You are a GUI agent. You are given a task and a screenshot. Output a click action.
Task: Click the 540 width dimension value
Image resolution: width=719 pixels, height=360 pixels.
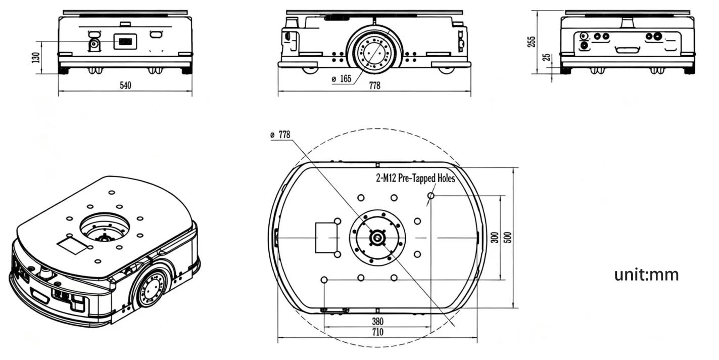point(125,85)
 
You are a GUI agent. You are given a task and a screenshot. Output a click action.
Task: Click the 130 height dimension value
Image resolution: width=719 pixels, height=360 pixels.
point(36,58)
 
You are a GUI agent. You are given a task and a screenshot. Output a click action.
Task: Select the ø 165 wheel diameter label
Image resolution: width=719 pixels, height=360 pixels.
point(342,79)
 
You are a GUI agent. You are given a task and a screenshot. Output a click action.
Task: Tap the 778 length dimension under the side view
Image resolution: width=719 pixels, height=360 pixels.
point(374,85)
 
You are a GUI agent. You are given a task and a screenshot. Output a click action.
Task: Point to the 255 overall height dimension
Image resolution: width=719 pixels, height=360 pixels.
point(532,42)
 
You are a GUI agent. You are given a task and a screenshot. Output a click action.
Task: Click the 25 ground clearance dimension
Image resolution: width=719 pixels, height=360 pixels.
point(546,57)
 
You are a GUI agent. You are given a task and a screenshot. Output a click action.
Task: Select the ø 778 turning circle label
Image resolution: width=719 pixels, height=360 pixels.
point(280,134)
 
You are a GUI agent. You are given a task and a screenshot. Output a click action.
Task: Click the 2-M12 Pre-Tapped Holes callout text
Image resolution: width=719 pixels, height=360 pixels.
point(415,178)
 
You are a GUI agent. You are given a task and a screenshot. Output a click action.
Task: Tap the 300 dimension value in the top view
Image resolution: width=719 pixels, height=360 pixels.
point(495,237)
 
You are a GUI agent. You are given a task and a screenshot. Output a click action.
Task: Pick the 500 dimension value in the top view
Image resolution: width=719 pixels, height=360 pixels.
point(508,237)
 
